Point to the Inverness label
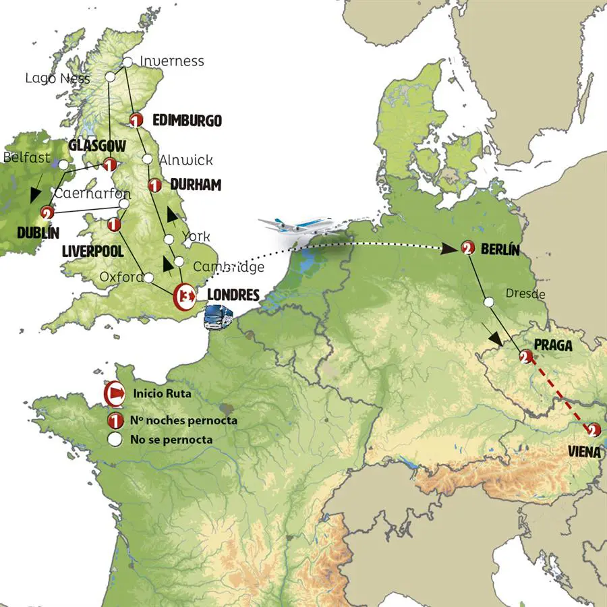click(x=171, y=61)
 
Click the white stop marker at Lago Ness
click(x=111, y=78)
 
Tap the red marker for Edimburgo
click(x=136, y=121)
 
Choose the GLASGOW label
click(x=97, y=146)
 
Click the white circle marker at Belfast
click(x=63, y=164)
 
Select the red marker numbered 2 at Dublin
click(x=47, y=213)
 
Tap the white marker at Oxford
click(x=148, y=277)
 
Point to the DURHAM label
click(x=196, y=184)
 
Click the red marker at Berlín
click(x=467, y=248)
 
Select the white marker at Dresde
click(x=488, y=303)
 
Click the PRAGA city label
click(x=553, y=346)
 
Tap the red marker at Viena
click(x=592, y=430)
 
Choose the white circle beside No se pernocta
click(x=115, y=439)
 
